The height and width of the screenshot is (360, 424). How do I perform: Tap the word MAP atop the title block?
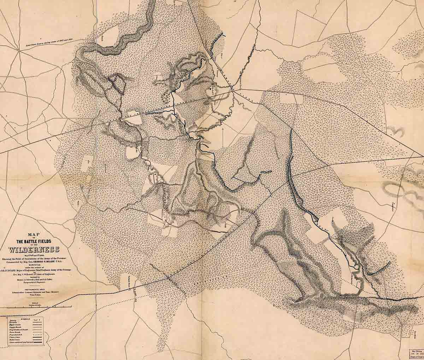37,234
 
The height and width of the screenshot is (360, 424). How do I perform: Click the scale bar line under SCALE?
36,306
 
